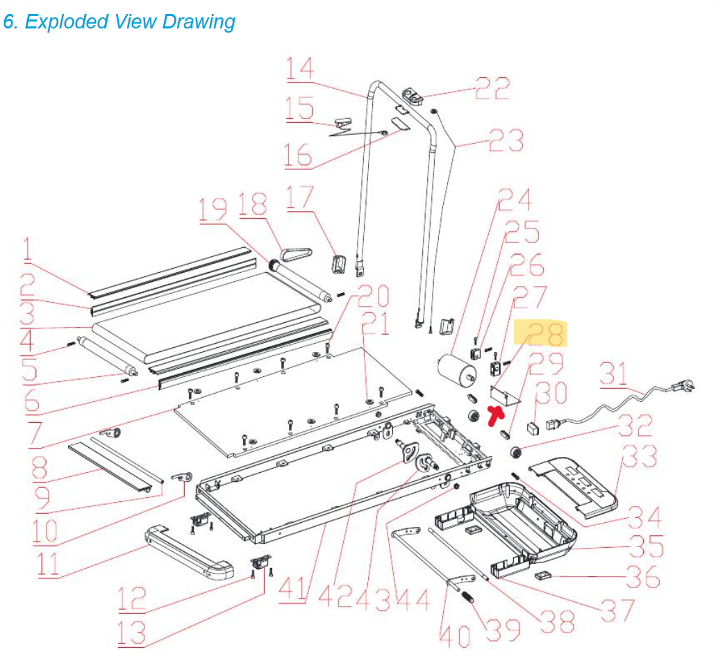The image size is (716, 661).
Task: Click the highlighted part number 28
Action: coord(547,334)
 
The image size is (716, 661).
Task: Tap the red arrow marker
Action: coord(497,415)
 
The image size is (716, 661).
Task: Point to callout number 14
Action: coord(300,69)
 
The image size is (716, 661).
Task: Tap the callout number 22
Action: coord(492,88)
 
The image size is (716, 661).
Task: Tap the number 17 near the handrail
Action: coord(300,201)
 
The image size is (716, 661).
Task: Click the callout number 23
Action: coord(506,142)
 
